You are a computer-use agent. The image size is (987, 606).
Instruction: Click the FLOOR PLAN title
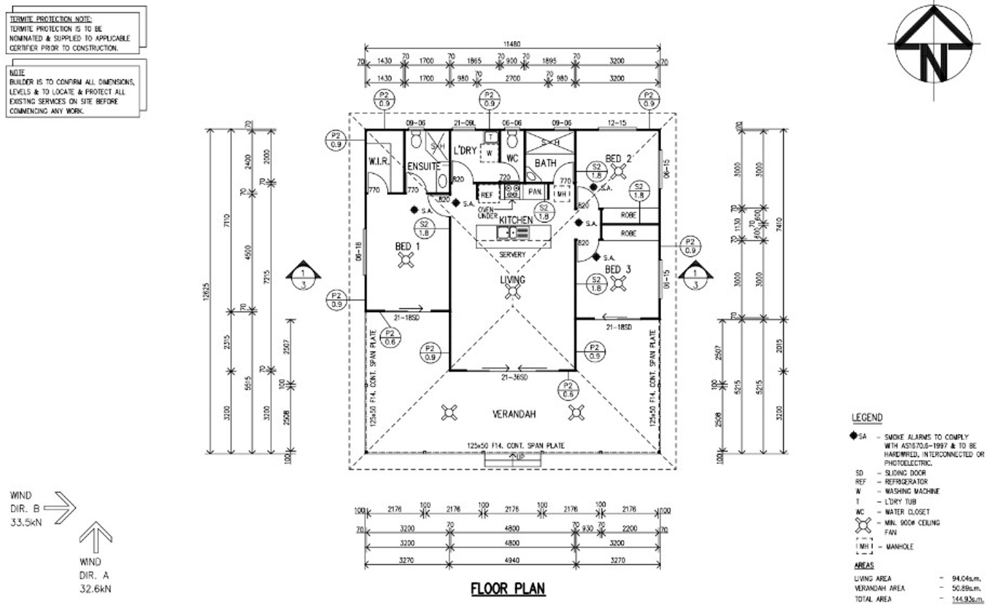click(x=508, y=589)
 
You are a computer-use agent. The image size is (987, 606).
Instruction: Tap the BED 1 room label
click(x=407, y=247)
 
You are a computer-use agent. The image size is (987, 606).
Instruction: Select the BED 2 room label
click(x=618, y=159)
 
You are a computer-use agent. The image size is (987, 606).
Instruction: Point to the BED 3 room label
click(x=618, y=269)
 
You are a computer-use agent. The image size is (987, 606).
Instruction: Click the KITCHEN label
click(x=516, y=220)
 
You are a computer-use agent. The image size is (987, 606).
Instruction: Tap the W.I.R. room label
click(x=379, y=161)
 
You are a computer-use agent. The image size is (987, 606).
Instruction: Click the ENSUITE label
click(x=424, y=166)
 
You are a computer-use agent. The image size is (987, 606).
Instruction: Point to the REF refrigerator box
click(x=486, y=195)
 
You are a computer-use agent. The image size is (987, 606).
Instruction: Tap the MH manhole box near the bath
click(x=561, y=194)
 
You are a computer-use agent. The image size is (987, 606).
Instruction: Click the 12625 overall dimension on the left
click(x=207, y=290)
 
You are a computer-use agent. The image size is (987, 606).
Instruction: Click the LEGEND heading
click(x=867, y=418)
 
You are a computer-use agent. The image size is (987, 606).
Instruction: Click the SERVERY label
click(x=513, y=255)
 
